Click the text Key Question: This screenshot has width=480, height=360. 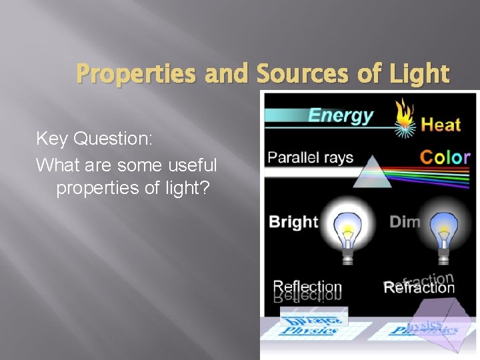95,139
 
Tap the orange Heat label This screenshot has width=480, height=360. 441,124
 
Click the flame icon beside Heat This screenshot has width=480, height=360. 403,117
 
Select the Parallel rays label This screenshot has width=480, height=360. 310,159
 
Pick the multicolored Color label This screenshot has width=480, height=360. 445,158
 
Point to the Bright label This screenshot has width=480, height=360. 293,222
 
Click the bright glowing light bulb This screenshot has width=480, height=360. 347,230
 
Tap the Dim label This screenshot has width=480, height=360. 405,222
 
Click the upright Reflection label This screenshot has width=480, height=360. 307,287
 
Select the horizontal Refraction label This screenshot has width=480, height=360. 419,288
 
